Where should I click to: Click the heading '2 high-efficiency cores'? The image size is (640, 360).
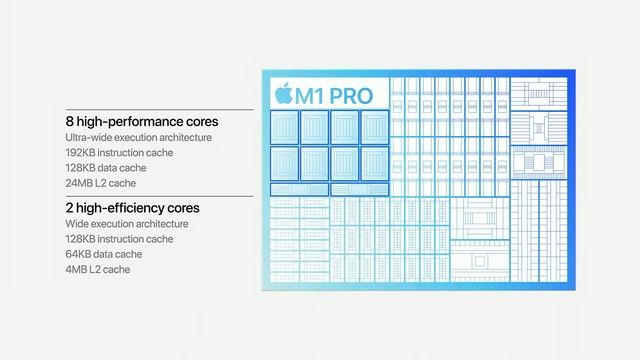tap(133, 208)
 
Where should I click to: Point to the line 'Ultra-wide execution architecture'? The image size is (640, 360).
tap(139, 138)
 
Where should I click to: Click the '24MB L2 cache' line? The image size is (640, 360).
tap(101, 183)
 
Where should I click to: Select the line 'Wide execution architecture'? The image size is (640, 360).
tap(127, 224)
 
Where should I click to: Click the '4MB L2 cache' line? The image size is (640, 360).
tap(98, 269)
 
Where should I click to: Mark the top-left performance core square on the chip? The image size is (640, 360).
tap(285, 126)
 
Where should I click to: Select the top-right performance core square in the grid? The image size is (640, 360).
tap(373, 126)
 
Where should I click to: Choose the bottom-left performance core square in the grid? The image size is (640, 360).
tap(285, 162)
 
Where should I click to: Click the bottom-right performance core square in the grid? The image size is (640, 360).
tap(373, 162)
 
